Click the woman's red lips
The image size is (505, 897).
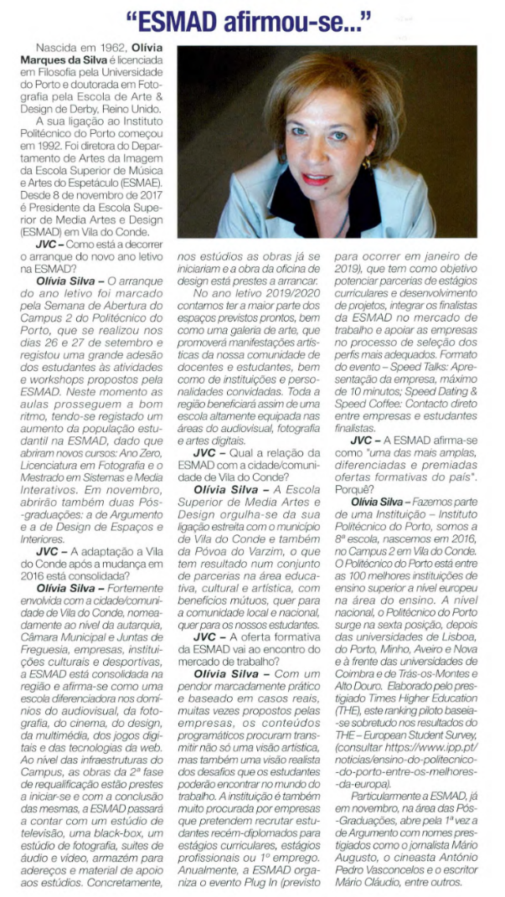317,178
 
